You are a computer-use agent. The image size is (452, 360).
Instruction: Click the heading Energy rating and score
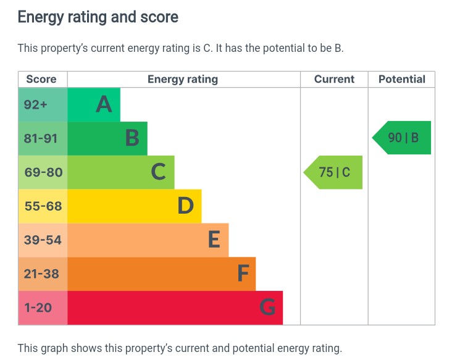point(98,17)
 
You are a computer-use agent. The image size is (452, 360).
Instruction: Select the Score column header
point(41,79)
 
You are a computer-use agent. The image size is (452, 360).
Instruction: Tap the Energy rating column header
point(183,79)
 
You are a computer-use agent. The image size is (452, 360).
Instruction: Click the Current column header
point(334,79)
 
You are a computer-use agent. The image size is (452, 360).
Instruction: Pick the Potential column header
point(401,79)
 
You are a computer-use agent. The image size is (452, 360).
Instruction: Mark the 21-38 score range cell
point(41,274)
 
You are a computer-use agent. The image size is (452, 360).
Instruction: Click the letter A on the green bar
point(104,104)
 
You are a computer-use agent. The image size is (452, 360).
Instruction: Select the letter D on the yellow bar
point(185,206)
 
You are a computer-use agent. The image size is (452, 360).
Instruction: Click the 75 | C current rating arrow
point(334,172)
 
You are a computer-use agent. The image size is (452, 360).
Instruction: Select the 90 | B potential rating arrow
point(403,138)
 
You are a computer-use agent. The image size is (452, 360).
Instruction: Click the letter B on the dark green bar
point(132,138)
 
